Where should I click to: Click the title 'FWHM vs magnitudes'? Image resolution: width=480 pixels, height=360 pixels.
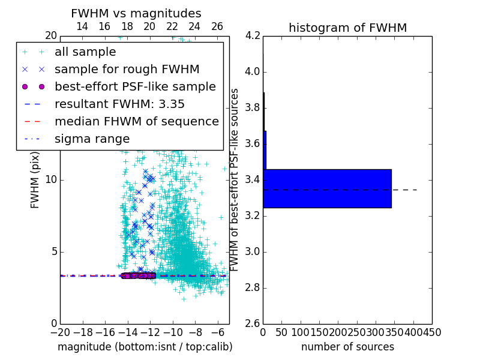pyautogui.click(x=136, y=14)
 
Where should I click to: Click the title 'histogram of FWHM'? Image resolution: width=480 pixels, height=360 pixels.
pyautogui.click(x=347, y=28)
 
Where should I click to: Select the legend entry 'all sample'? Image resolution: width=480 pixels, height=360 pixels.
pyautogui.click(x=85, y=52)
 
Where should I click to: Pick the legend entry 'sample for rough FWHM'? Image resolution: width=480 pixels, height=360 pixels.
pyautogui.click(x=127, y=70)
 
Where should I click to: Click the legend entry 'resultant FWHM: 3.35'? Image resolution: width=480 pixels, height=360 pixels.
pyautogui.click(x=119, y=104)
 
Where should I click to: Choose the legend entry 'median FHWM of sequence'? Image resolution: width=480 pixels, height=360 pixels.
pyautogui.click(x=136, y=121)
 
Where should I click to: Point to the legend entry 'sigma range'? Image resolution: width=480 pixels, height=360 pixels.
pyautogui.click(x=92, y=139)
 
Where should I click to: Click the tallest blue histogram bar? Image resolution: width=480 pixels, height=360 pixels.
pyautogui.click(x=327, y=188)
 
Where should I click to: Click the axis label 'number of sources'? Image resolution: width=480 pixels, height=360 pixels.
pyautogui.click(x=347, y=347)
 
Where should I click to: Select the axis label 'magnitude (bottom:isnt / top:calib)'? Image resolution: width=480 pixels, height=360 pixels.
pyautogui.click(x=145, y=347)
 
